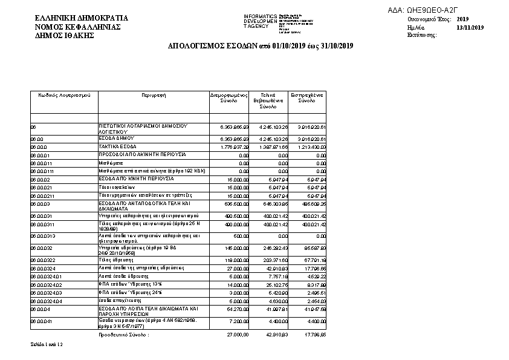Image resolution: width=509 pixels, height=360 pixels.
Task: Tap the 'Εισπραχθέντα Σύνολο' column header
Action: coord(307,98)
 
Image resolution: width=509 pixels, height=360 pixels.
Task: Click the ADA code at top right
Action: coord(435,10)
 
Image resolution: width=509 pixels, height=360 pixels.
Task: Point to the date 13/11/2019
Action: coord(470,27)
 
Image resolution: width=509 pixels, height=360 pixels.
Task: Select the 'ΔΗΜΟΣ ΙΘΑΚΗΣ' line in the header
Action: coord(65,36)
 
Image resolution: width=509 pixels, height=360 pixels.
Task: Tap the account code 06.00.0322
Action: coord(43,260)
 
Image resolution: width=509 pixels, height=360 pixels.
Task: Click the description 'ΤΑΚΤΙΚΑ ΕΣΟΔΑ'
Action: coord(117,146)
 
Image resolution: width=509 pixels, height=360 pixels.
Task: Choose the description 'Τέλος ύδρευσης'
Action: coord(115,260)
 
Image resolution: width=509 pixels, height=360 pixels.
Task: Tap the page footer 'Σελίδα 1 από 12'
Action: coord(46,344)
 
